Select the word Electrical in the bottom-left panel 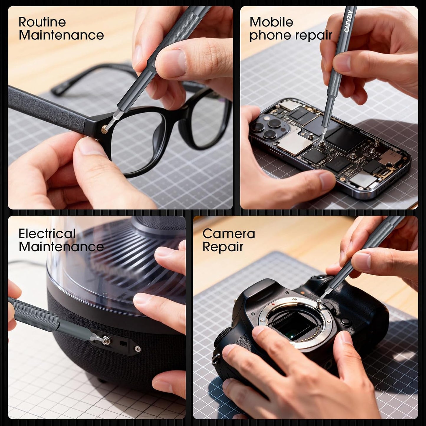(47, 233)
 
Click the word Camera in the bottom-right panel (229, 234)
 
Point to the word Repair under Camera (223, 247)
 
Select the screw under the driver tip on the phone (320, 144)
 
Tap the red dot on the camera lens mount (274, 304)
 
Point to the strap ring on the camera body (215, 359)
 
